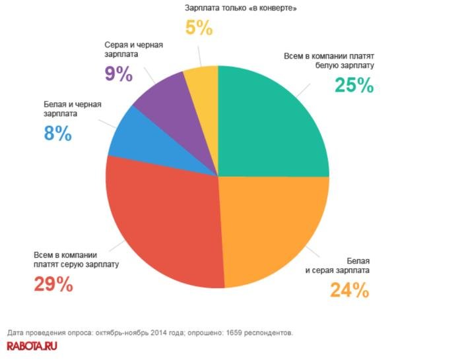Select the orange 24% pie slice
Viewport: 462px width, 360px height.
pyautogui.click(x=271, y=231)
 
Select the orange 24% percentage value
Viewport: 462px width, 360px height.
pyautogui.click(x=348, y=290)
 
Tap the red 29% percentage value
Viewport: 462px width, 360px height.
pyautogui.click(x=53, y=284)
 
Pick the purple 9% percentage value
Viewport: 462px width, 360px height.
pyautogui.click(x=118, y=74)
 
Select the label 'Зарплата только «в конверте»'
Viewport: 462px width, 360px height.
pyautogui.click(x=236, y=9)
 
